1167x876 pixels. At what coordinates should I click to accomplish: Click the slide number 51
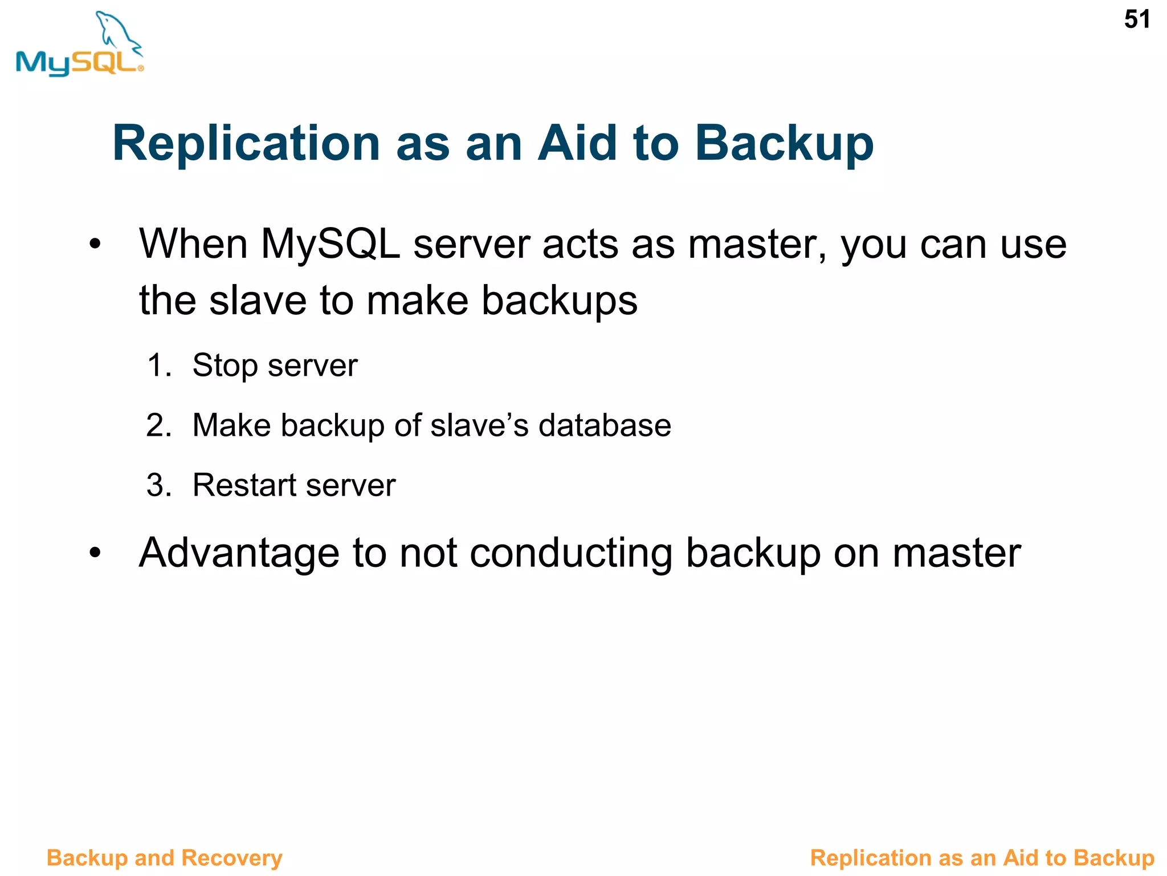[1136, 20]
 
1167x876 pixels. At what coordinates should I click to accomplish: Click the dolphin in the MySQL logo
[117, 31]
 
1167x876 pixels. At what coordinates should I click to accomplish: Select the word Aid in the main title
[577, 143]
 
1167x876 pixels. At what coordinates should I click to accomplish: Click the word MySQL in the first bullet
[330, 244]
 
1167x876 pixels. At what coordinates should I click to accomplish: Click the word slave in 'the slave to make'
[258, 301]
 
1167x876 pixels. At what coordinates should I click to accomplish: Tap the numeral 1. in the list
[159, 365]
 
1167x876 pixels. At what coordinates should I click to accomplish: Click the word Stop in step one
[224, 366]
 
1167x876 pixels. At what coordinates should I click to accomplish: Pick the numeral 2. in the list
[159, 425]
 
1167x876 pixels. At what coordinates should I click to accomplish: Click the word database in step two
[605, 425]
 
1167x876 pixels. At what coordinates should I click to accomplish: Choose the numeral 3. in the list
[159, 485]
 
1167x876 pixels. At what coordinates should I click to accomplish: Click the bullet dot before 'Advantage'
[95, 552]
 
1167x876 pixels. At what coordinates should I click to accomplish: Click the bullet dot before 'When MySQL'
[95, 244]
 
